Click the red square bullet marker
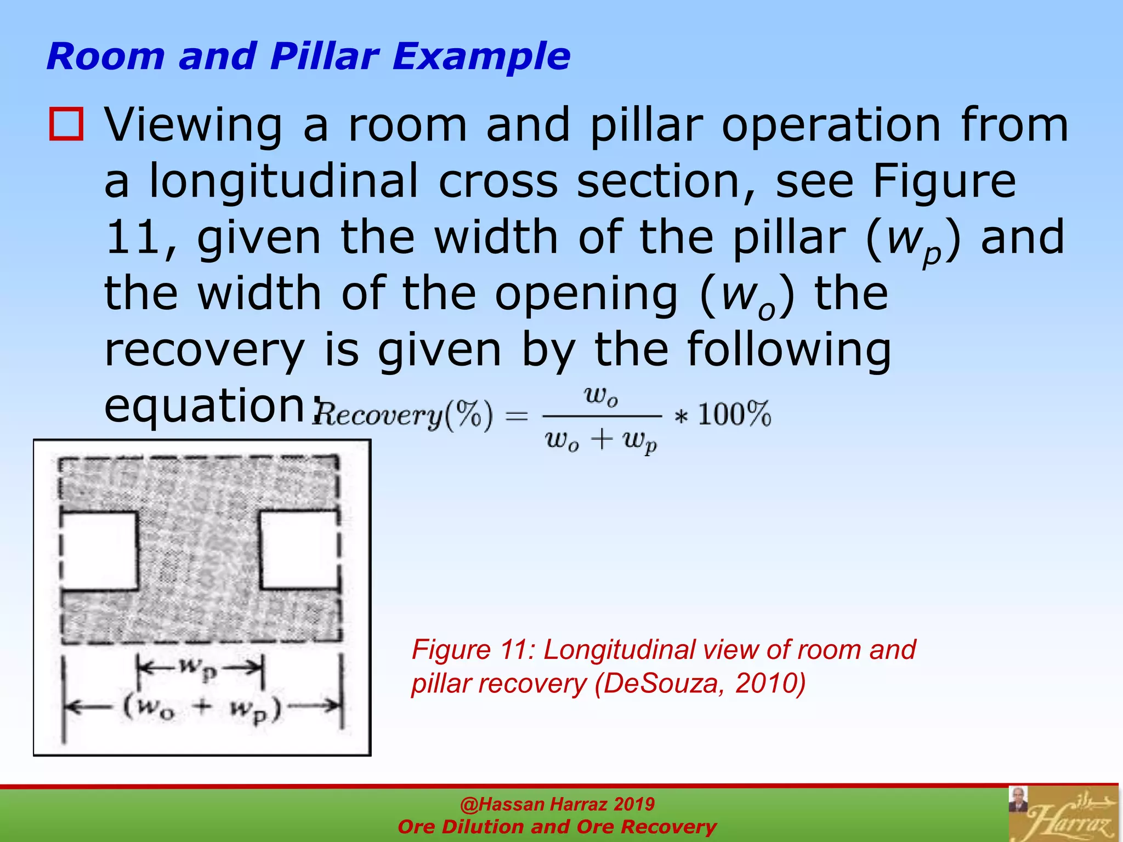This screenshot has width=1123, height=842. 66,124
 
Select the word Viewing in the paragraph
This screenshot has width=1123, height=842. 194,126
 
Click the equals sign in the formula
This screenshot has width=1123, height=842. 516,416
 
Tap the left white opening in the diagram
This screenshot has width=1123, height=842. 99,551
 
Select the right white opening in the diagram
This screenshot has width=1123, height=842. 299,550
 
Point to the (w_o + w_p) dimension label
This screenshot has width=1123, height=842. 202,708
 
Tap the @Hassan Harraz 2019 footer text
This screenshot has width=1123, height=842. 557,804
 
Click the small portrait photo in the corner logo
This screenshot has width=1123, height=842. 1018,800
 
